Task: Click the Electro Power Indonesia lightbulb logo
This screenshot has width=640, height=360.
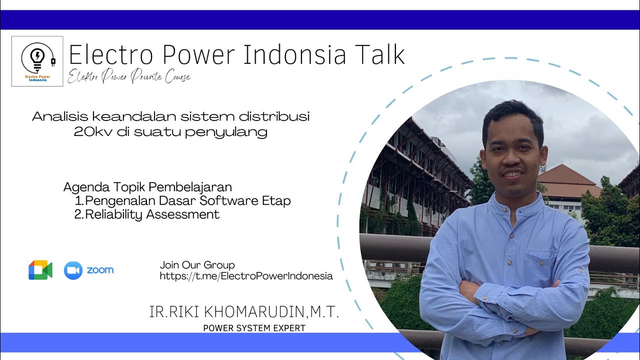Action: coord(37,61)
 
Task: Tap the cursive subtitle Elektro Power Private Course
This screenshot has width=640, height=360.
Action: coord(129,77)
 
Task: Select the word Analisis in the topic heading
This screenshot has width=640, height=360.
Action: coord(60,117)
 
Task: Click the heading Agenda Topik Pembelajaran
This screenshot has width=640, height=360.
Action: coord(147,187)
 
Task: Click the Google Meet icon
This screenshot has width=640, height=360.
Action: coord(40,270)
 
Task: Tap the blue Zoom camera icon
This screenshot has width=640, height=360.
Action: coord(73,270)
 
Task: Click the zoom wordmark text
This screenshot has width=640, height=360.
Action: coord(100,270)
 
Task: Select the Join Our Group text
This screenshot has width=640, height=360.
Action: coord(197,265)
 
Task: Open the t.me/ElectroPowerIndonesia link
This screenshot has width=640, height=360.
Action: coord(246,276)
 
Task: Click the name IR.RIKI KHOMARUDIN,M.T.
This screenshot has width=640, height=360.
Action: coord(244,312)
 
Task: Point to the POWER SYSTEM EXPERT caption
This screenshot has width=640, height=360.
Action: coord(254,328)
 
